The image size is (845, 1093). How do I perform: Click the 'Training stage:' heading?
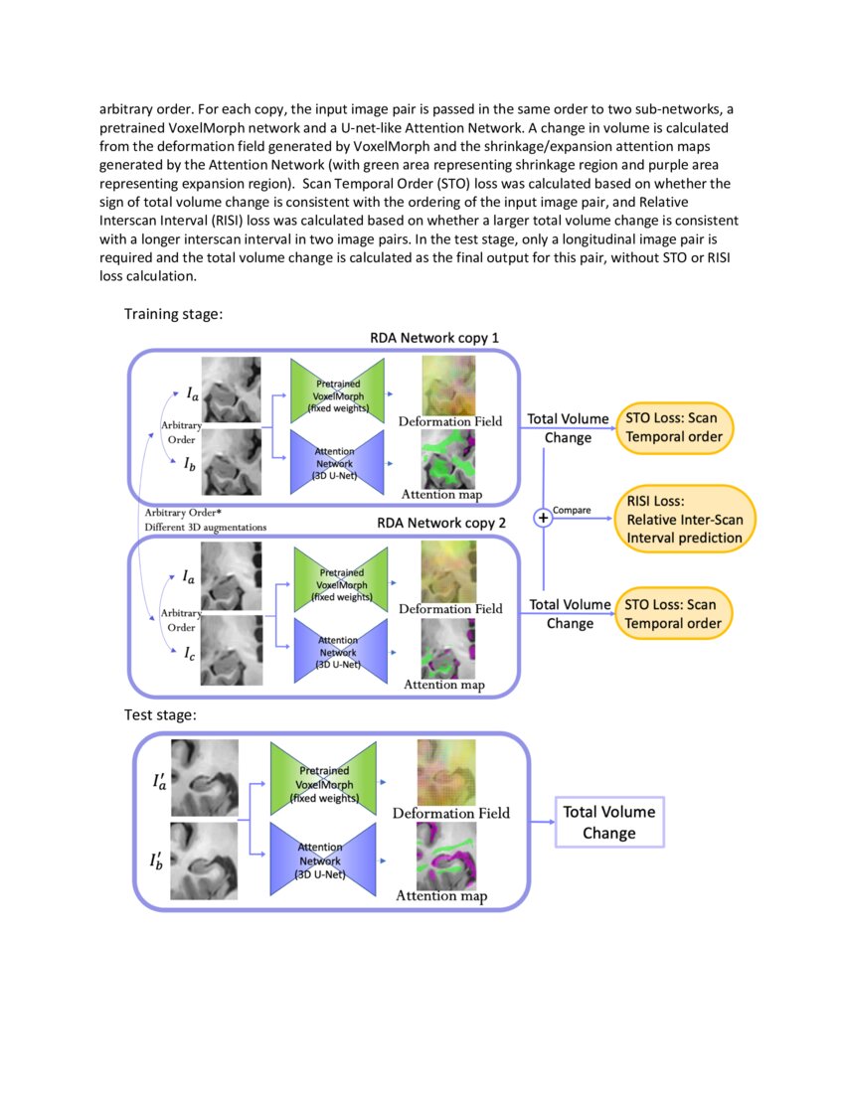coord(173,314)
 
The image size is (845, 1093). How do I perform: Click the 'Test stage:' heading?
coord(160,713)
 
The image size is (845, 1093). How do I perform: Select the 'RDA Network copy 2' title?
coord(441,523)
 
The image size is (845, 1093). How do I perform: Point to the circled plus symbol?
coord(543,518)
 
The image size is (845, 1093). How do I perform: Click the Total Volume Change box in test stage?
coord(608,824)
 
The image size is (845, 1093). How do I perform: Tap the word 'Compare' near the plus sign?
coord(572,510)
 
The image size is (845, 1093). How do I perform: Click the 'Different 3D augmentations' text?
coord(207,526)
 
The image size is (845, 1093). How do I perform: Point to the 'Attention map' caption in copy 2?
coord(443,684)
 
